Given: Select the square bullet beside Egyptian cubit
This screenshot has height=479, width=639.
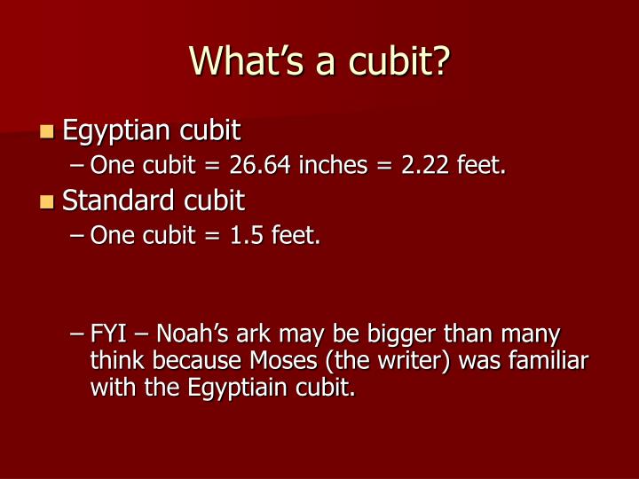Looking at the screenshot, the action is tap(47, 131).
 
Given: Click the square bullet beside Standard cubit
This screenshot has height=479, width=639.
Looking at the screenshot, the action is tap(47, 201).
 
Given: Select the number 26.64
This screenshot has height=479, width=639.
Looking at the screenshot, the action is tap(260, 165).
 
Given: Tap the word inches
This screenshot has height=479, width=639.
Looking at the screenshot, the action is tap(334, 165).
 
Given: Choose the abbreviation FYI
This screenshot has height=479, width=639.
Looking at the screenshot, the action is tap(108, 334).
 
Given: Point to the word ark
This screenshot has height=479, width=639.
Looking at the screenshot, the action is tap(254, 334).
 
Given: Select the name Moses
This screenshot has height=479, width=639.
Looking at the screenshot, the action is tap(283, 360).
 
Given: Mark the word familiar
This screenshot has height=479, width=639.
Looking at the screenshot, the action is tap(548, 360).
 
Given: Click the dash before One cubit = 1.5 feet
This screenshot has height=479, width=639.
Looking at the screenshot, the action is tap(76, 235).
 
